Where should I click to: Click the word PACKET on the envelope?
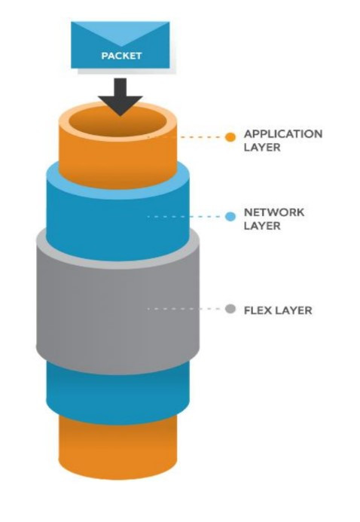[121, 56]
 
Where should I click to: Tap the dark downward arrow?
[121, 97]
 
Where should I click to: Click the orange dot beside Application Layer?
[230, 137]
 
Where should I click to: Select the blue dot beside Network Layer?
[230, 217]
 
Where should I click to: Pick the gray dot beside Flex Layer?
[230, 309]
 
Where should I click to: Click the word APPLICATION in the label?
[283, 134]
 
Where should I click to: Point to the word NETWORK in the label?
[274, 212]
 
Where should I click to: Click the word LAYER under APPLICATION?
[262, 147]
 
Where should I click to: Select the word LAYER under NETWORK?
[262, 226]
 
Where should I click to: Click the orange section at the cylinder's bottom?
[117, 450]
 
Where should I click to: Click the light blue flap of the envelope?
[121, 33]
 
